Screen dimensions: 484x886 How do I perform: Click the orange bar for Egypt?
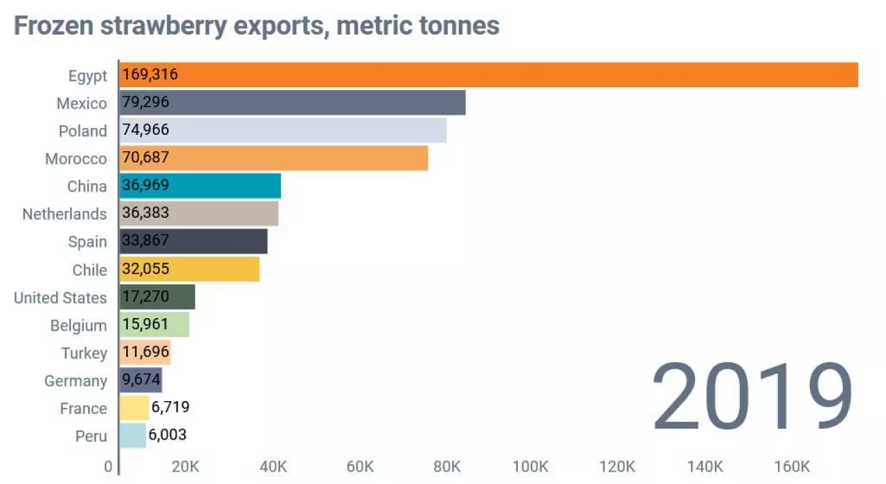[489, 75]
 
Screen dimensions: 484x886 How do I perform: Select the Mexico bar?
[292, 103]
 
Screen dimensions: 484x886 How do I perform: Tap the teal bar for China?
[200, 186]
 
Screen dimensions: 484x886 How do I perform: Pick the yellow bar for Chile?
[190, 270]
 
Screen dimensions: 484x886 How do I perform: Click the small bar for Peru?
[132, 436]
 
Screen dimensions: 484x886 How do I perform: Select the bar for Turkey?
[145, 353]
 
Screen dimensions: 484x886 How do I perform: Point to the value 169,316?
[150, 75]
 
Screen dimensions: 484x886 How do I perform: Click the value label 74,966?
[145, 130]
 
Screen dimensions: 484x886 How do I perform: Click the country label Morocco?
[76, 158]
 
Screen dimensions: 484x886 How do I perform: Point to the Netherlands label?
[64, 214]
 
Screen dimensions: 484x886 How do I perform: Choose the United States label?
[60, 297]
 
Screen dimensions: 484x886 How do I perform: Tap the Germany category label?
[75, 380]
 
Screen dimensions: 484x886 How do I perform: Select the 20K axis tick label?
[186, 467]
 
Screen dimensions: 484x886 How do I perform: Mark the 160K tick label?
[791, 467]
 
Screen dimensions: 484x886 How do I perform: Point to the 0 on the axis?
[108, 467]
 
